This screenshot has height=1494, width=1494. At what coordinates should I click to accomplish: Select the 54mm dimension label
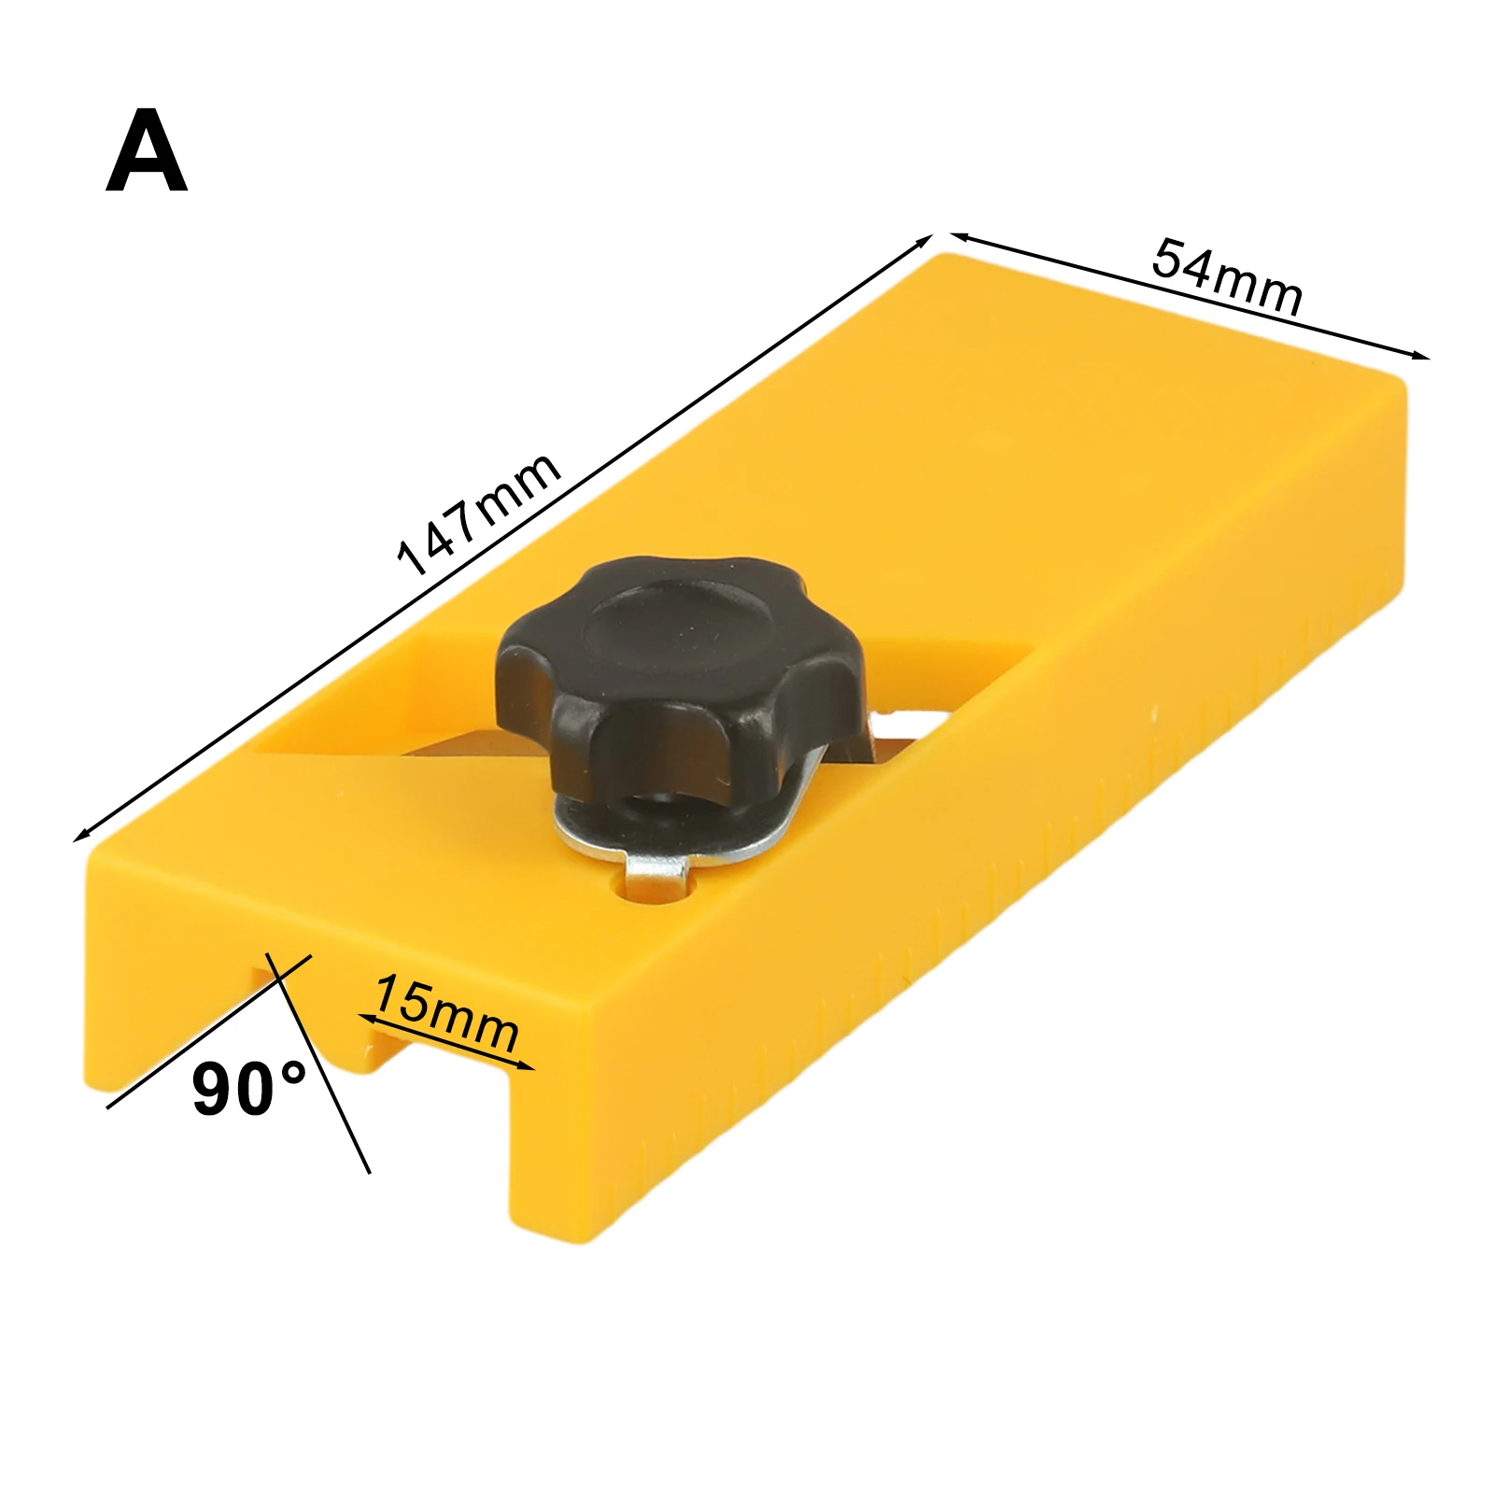1226,277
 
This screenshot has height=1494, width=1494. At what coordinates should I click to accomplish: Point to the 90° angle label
248,1090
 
